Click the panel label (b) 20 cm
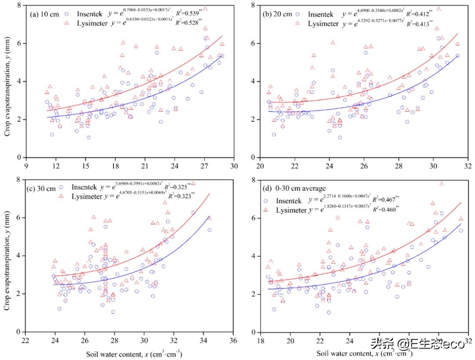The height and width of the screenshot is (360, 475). click(x=277, y=14)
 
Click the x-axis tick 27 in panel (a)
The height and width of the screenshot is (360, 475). click(x=204, y=166)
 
